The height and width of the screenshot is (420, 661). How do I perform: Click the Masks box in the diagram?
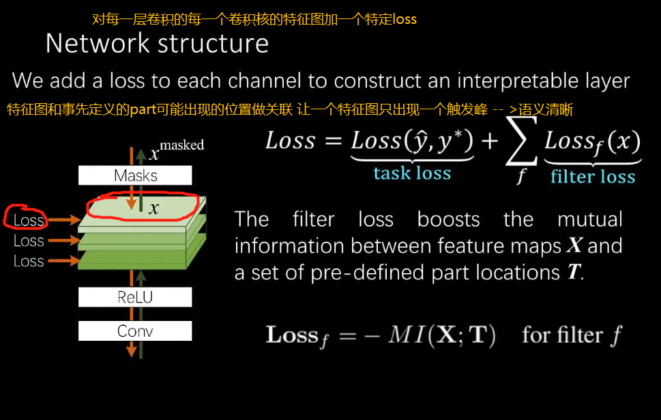click(135, 176)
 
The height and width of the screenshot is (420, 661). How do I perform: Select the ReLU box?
click(135, 297)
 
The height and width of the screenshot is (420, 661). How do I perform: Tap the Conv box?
click(135, 331)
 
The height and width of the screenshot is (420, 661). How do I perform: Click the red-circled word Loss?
click(29, 220)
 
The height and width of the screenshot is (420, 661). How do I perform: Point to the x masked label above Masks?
click(175, 150)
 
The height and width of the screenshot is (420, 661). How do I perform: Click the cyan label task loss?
click(412, 173)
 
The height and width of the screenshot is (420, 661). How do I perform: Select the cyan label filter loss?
click(593, 177)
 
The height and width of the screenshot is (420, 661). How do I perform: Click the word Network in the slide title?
click(95, 44)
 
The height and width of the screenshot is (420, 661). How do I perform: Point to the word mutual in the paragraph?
click(589, 219)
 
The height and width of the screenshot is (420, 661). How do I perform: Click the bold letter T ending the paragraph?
click(574, 272)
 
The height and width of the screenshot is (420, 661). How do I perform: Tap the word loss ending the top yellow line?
click(405, 19)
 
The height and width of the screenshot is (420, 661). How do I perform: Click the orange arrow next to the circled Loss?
click(63, 220)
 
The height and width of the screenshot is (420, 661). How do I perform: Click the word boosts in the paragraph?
click(448, 219)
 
